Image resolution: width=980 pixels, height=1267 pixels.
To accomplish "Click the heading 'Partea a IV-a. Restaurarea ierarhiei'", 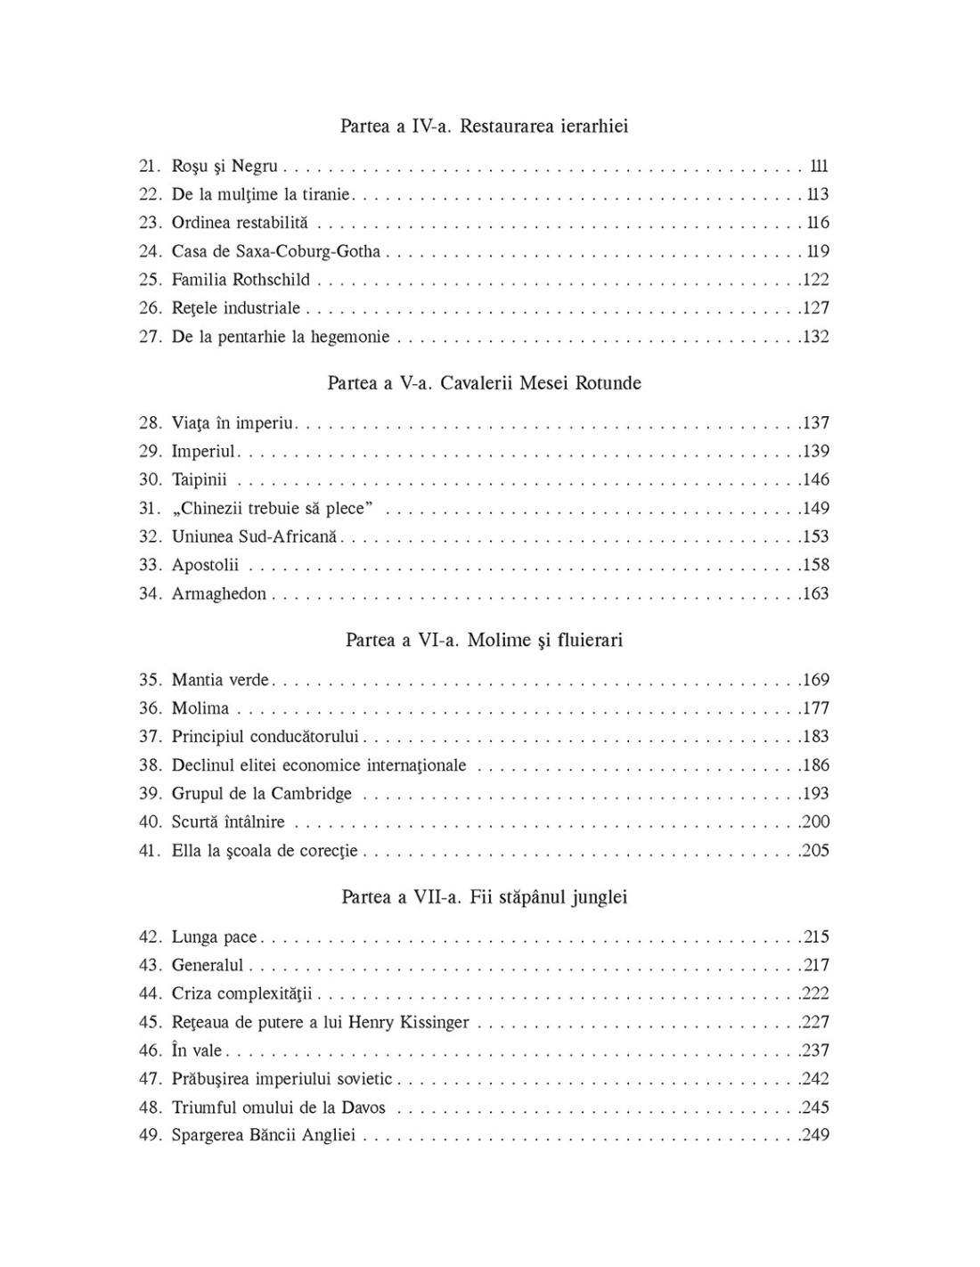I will (484, 126).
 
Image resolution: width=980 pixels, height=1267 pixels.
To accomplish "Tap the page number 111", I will (819, 166).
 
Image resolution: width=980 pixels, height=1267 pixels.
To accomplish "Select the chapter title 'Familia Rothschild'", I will (241, 280).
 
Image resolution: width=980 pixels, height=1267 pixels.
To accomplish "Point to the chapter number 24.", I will (149, 251).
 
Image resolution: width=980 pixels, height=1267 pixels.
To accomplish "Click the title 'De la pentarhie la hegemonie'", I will (281, 337).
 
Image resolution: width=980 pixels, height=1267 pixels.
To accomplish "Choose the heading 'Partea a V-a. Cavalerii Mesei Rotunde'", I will (484, 383).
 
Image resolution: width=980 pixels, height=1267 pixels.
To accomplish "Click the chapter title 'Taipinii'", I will (200, 479).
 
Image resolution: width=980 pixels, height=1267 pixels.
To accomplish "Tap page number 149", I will (815, 508).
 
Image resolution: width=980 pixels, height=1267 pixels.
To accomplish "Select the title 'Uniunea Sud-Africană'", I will (255, 536).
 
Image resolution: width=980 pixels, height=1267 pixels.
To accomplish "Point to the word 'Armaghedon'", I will (219, 593).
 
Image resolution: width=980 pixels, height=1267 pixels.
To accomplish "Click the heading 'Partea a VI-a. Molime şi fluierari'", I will (484, 640).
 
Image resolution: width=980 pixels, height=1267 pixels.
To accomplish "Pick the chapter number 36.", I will (149, 708).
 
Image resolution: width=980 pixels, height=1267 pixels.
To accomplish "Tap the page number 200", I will (815, 822).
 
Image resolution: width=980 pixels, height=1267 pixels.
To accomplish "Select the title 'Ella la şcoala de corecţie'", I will (265, 850).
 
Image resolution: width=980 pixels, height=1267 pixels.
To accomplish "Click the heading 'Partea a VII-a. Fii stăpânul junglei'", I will (484, 896).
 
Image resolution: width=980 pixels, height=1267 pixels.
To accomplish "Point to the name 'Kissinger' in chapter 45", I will (430, 1022).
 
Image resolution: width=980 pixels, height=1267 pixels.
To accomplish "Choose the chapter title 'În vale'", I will (197, 1050).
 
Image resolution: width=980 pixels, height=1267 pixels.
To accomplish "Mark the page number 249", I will (815, 1135).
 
